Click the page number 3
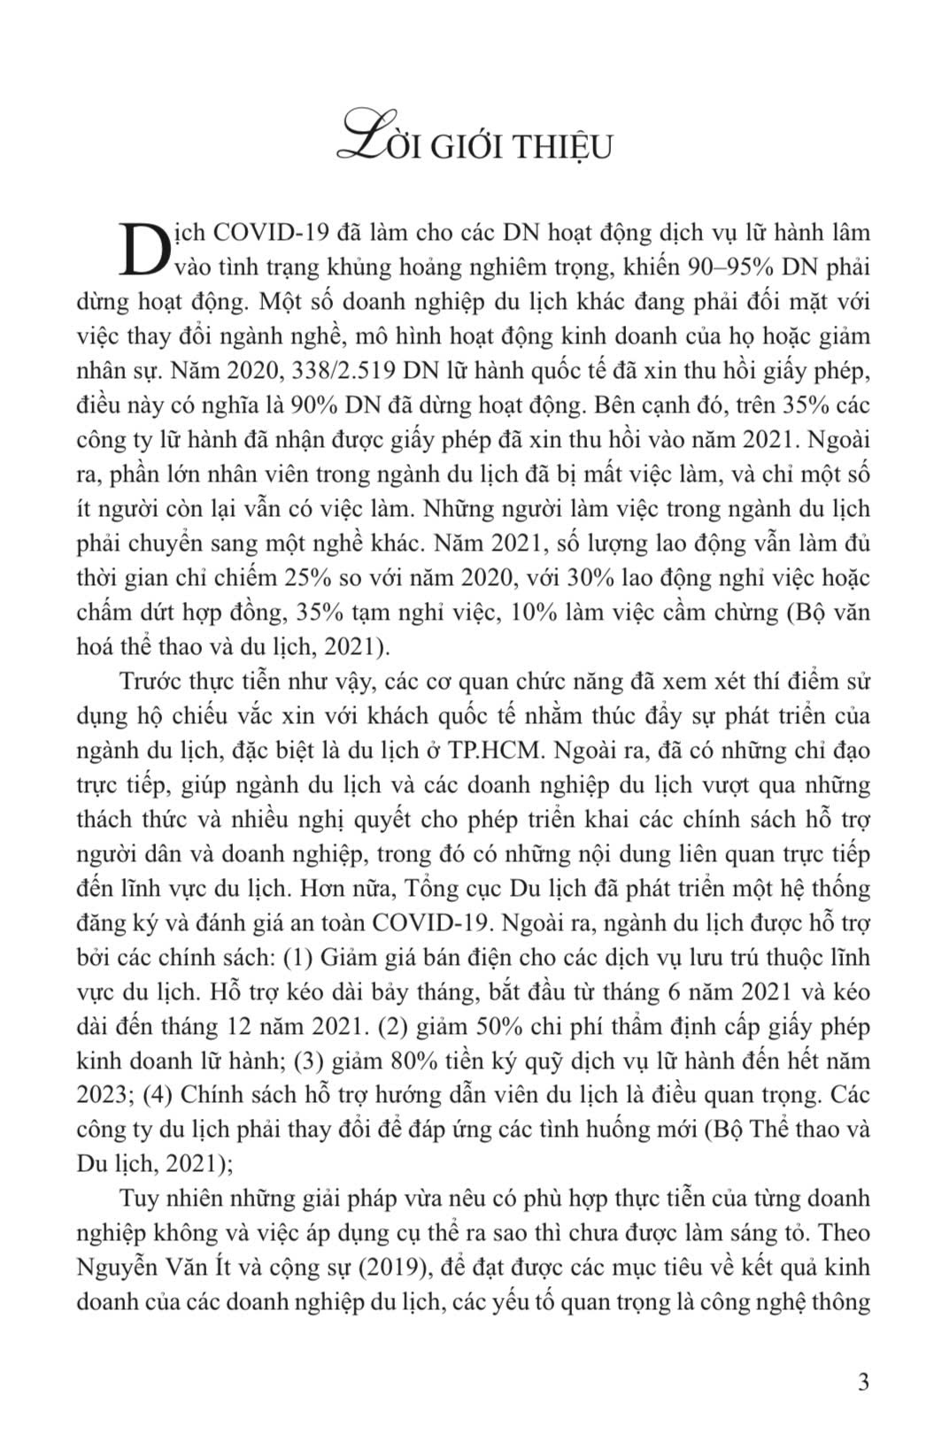click(x=864, y=1382)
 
